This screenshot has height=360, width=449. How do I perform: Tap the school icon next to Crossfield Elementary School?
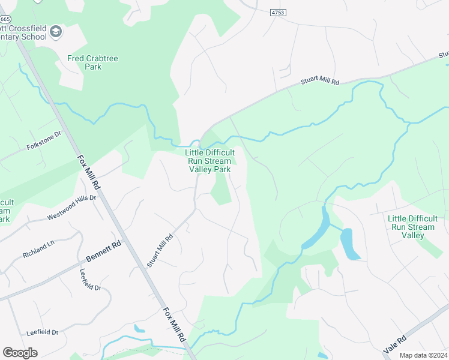pyautogui.click(x=56, y=31)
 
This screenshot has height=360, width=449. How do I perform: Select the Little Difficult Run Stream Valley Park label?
pyautogui.click(x=209, y=161)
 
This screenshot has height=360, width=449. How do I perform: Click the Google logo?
pyautogui.click(x=20, y=353)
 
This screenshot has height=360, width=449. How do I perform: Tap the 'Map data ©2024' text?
pyautogui.click(x=423, y=355)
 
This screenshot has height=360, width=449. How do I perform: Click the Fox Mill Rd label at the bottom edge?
pyautogui.click(x=175, y=325)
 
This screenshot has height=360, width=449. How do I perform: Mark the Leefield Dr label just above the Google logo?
pyautogui.click(x=42, y=332)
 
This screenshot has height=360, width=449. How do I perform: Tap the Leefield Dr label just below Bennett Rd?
pyautogui.click(x=91, y=280)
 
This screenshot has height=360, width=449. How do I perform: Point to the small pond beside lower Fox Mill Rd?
pyautogui.click(x=139, y=328)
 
